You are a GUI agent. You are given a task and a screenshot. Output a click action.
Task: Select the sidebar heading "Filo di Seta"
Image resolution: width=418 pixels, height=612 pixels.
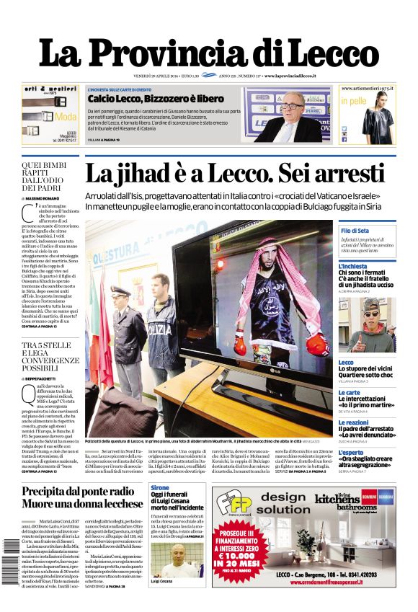[x=355, y=231]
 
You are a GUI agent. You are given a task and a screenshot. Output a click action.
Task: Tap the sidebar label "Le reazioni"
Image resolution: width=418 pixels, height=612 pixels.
[x=353, y=422]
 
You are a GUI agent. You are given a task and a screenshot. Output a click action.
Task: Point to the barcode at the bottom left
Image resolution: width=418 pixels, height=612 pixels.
[x=10, y=573]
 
